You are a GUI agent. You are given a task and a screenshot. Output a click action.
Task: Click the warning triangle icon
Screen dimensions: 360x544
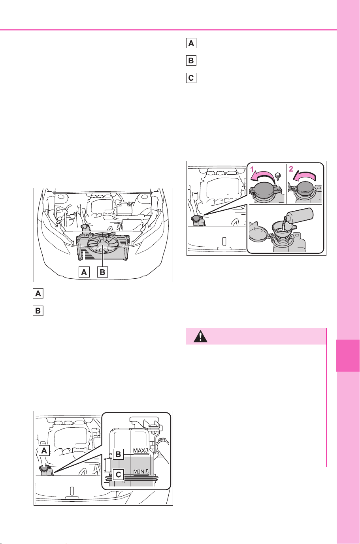tap(200, 336)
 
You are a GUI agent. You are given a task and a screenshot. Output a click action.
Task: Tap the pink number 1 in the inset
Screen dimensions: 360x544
tap(252, 169)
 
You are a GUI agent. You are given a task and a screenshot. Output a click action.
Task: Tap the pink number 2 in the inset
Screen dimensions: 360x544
tap(291, 169)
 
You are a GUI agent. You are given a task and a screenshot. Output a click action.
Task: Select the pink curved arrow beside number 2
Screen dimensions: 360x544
tap(305, 176)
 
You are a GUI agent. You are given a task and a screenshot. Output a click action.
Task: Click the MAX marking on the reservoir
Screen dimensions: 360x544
tap(141, 451)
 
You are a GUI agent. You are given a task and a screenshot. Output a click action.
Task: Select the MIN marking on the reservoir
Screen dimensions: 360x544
tap(141, 472)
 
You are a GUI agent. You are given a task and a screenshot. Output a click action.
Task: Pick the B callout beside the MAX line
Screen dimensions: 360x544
tap(119, 454)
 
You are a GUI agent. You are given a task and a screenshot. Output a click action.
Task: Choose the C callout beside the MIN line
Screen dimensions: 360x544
tap(119, 474)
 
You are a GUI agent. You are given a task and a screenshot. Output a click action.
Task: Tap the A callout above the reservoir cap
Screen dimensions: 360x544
tap(44, 451)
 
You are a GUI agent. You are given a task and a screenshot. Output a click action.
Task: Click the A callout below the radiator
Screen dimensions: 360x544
tap(84, 272)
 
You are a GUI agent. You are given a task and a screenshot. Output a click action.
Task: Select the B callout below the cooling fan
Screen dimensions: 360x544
tap(102, 272)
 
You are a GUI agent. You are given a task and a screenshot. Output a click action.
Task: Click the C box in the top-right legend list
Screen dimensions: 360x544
tap(191, 78)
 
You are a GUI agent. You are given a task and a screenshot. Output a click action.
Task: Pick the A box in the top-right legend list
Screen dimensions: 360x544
tap(191, 43)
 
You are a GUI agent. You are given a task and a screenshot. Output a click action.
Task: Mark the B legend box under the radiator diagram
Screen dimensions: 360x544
tap(38, 311)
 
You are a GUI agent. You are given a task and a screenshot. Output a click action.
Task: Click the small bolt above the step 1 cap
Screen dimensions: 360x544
tap(278, 176)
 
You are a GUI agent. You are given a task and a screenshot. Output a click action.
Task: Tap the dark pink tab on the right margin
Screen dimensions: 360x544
tap(348, 355)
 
